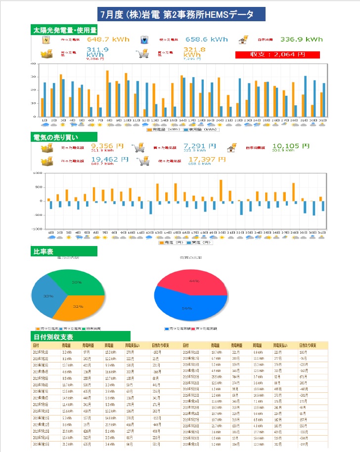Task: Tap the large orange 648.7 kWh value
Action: [x=108, y=40]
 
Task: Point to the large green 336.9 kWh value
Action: [x=301, y=40]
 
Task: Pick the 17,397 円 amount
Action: [x=203, y=160]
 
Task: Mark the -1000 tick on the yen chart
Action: [x=38, y=229]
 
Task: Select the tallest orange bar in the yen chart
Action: [x=221, y=190]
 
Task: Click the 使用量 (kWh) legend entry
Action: [x=201, y=130]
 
